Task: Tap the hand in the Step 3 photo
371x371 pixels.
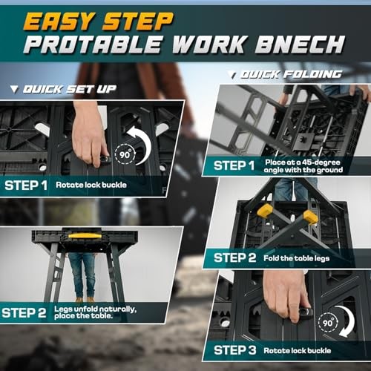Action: (287, 297)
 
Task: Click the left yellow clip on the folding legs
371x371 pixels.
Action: (264, 211)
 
